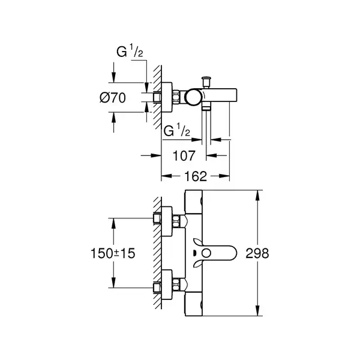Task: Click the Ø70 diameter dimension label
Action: click(x=113, y=98)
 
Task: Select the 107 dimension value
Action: click(x=184, y=156)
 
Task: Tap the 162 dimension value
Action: click(x=196, y=176)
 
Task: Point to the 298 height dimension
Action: click(x=257, y=253)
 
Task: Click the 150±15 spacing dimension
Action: click(x=113, y=253)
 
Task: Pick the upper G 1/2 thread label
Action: click(x=130, y=52)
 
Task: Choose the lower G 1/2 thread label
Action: click(x=177, y=131)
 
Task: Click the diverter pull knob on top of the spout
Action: click(x=206, y=82)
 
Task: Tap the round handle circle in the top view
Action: click(x=193, y=98)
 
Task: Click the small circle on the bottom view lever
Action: click(x=206, y=253)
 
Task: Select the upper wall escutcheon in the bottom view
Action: click(x=167, y=221)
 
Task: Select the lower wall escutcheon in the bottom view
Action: click(x=167, y=285)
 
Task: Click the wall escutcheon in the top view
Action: click(x=167, y=97)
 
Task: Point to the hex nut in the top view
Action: click(x=176, y=97)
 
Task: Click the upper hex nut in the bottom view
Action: click(x=176, y=221)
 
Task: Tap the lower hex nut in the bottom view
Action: click(x=176, y=285)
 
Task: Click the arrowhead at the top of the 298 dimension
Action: click(x=258, y=195)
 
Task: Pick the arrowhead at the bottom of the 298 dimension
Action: click(x=258, y=310)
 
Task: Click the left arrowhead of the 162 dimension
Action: click(x=167, y=176)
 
